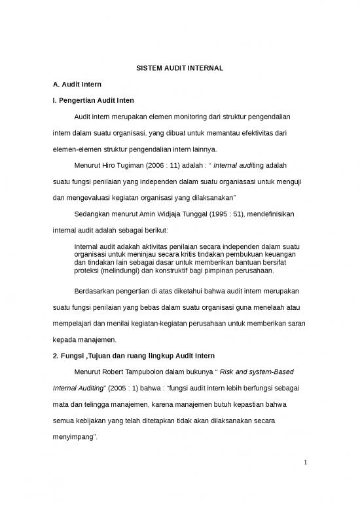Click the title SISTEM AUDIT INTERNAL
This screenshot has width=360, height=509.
(179, 67)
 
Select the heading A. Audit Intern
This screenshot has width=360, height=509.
(77, 85)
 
